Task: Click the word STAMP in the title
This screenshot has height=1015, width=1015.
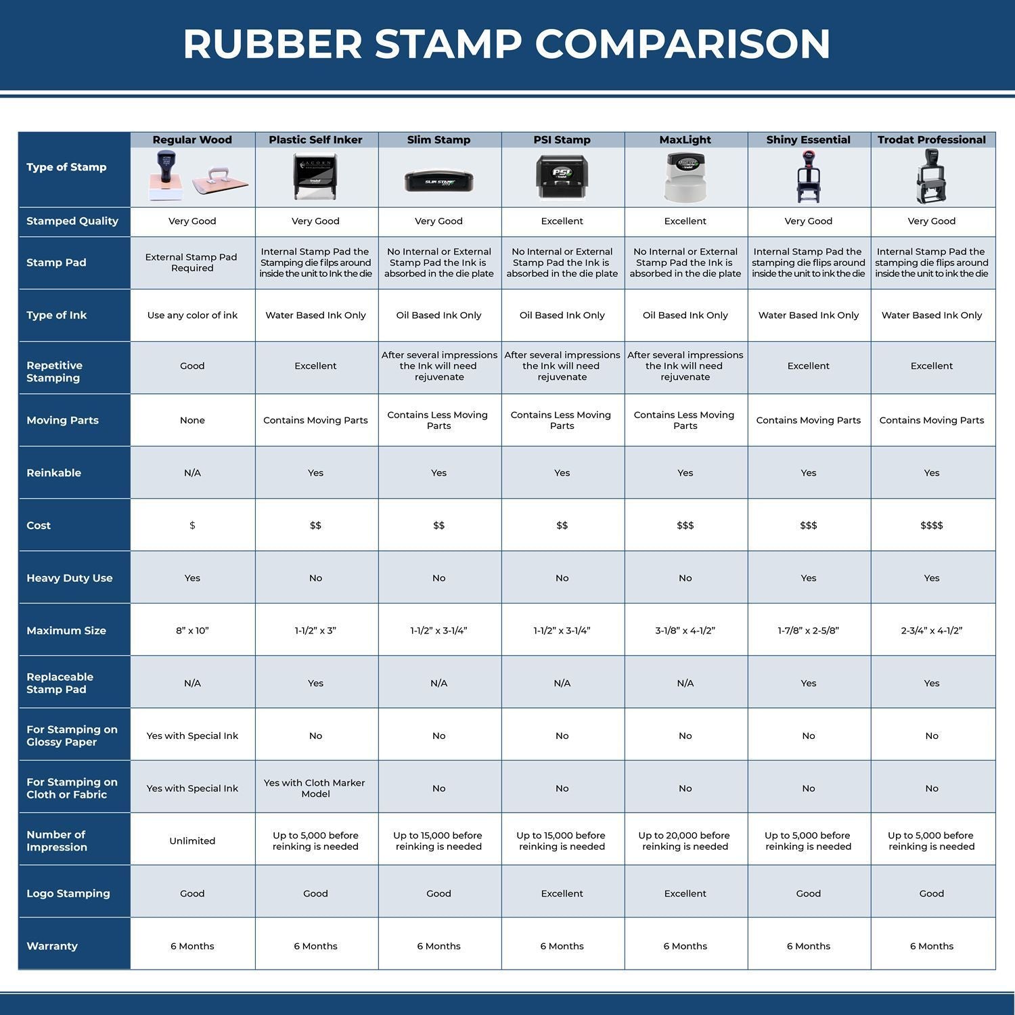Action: point(448,45)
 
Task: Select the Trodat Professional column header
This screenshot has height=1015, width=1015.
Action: point(931,140)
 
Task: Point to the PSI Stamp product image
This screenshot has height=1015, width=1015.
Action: point(562,177)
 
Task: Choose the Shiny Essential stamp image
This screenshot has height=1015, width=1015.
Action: point(808,177)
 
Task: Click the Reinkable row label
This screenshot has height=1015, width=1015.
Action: point(53,473)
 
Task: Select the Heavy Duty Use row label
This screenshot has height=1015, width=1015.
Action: point(69,578)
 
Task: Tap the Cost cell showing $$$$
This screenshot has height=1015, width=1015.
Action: point(931,526)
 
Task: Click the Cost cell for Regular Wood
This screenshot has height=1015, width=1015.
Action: point(192,526)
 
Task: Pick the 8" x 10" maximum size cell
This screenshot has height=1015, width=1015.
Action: point(192,631)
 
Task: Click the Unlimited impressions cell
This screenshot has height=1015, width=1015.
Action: point(192,841)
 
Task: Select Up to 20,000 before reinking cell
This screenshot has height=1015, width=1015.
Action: point(685,841)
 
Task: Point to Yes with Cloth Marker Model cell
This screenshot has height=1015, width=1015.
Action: point(315,788)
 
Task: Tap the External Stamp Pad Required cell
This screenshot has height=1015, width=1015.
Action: point(192,263)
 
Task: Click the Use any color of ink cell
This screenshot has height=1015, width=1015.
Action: point(192,315)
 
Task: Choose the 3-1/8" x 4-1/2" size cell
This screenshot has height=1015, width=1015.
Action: point(685,631)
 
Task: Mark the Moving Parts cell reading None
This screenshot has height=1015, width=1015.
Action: point(192,420)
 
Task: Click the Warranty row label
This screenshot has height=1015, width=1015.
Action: point(51,946)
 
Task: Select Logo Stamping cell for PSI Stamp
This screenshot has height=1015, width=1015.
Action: point(562,894)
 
